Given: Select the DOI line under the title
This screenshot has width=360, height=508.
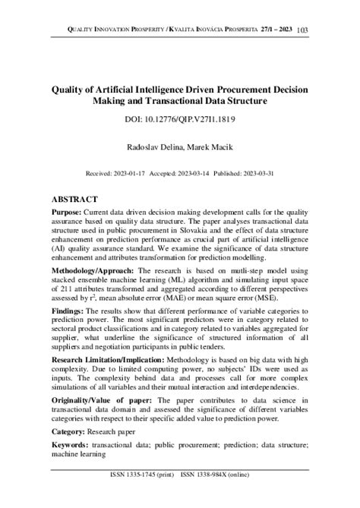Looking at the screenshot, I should tap(179, 120).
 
